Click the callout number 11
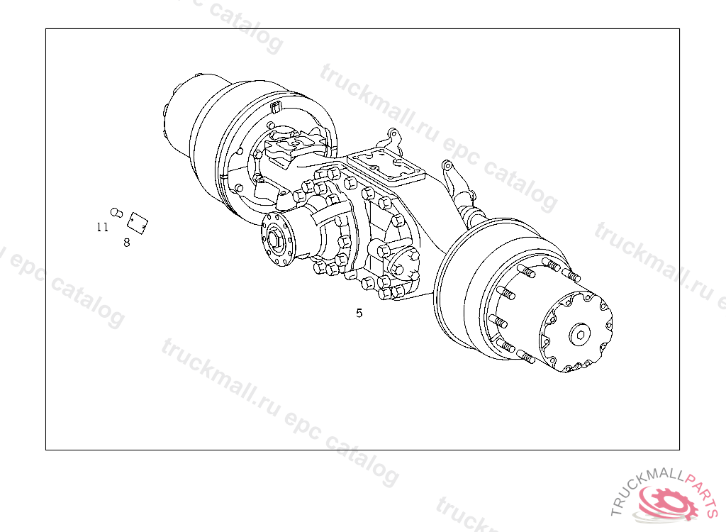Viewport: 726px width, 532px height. click(102, 227)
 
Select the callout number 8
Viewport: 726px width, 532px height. click(127, 243)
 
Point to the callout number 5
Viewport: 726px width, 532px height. click(359, 314)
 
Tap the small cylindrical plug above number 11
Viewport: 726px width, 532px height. click(116, 213)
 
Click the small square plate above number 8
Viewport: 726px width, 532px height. click(138, 223)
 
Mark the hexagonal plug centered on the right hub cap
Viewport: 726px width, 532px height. click(580, 333)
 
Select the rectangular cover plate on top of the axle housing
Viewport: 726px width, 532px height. click(386, 167)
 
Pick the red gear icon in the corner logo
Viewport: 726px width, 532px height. click(669, 502)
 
